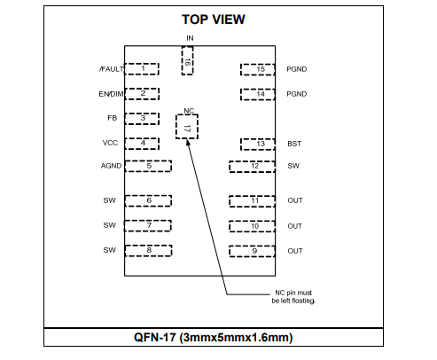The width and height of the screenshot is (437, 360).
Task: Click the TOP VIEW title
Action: click(x=214, y=20)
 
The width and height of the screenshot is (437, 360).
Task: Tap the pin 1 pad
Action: click(x=142, y=69)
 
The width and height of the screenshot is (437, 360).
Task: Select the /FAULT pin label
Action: click(x=112, y=69)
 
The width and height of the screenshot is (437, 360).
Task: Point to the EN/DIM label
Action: click(x=111, y=94)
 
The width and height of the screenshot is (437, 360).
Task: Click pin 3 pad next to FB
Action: click(x=142, y=119)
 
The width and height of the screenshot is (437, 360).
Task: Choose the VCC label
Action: click(x=110, y=143)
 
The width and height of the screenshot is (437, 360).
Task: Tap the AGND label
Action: click(x=111, y=166)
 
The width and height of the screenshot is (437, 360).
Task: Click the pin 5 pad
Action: click(x=148, y=166)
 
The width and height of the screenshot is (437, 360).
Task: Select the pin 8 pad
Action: click(x=148, y=251)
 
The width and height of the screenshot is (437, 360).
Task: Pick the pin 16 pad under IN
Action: click(x=187, y=60)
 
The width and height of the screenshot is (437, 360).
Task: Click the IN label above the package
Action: click(x=190, y=38)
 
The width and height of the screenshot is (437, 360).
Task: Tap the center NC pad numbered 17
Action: click(x=187, y=127)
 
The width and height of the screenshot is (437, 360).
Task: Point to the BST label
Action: click(x=294, y=144)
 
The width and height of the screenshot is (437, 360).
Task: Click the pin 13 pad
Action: click(x=258, y=145)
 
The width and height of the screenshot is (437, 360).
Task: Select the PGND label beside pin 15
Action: click(x=297, y=69)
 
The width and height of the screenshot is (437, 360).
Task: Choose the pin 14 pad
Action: click(x=258, y=94)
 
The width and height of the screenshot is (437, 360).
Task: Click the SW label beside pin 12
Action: click(x=293, y=166)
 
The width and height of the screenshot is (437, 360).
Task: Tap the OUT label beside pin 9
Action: click(x=295, y=251)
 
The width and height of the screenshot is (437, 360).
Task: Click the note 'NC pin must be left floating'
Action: click(x=293, y=297)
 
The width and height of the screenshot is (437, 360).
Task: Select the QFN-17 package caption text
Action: click(x=214, y=337)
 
